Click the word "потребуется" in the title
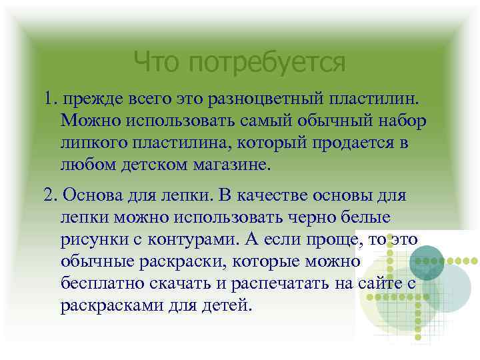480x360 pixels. coord(267,63)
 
